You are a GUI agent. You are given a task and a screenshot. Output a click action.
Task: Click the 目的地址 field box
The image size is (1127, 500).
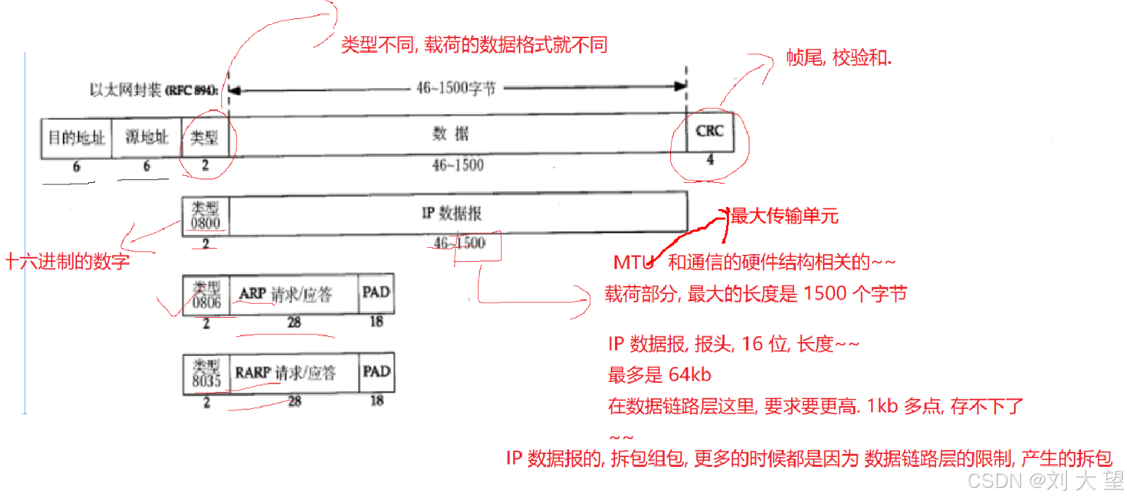pyautogui.click(x=76, y=138)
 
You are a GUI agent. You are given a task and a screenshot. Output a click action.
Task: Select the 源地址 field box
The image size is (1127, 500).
pyautogui.click(x=146, y=137)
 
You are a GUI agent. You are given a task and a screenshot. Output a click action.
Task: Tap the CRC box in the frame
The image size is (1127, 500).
pyautogui.click(x=710, y=131)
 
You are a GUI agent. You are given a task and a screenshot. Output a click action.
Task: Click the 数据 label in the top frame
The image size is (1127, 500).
pyautogui.click(x=451, y=133)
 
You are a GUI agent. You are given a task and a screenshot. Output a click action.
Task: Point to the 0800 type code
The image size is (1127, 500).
pyautogui.click(x=206, y=223)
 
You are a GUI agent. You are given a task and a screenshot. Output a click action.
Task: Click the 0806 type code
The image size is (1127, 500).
pyautogui.click(x=206, y=302)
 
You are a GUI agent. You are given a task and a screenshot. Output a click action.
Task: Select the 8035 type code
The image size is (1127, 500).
pyautogui.click(x=206, y=381)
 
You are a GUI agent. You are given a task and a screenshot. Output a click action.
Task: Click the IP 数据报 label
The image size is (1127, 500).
pyautogui.click(x=451, y=213)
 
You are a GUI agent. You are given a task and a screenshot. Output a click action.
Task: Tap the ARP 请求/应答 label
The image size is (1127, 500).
pyautogui.click(x=286, y=294)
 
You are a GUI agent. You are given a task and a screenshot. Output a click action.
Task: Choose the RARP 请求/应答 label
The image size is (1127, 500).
pyautogui.click(x=286, y=373)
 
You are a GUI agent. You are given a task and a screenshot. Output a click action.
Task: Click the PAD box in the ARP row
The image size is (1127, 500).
pyautogui.click(x=376, y=292)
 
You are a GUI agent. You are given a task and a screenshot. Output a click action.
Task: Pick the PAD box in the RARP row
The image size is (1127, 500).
pyautogui.click(x=376, y=371)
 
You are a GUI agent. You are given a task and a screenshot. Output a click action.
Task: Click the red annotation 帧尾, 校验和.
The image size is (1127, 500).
pyautogui.click(x=839, y=58)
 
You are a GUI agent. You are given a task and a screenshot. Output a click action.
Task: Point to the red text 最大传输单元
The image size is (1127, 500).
pyautogui.click(x=784, y=216)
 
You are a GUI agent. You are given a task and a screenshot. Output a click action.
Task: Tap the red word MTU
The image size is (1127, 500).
pyautogui.click(x=633, y=263)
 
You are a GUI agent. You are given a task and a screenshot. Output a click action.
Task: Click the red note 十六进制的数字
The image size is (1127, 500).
pyautogui.click(x=68, y=262)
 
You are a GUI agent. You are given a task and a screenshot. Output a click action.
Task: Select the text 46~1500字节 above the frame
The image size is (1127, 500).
pyautogui.click(x=456, y=88)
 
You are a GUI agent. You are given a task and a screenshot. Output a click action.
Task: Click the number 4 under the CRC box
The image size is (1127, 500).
pyautogui.click(x=710, y=160)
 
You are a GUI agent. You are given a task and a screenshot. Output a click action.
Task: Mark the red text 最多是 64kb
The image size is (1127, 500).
pyautogui.click(x=660, y=375)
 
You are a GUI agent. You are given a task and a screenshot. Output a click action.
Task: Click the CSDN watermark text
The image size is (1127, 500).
pyautogui.click(x=1045, y=481)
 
